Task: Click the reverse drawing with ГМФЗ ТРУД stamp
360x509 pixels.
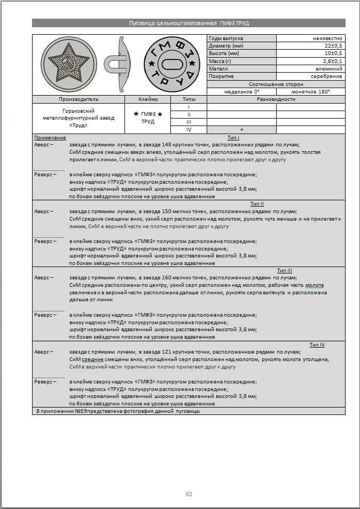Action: coord(171,65)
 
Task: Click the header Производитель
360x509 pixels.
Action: coord(78,99)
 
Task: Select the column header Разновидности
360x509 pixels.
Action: coord(276,99)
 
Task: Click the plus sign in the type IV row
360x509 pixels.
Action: coord(241,130)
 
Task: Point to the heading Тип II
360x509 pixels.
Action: coord(257,204)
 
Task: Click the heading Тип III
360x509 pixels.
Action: coord(284,271)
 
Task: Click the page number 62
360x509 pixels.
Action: coord(189,494)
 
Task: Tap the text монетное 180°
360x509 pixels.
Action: coord(310,91)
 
